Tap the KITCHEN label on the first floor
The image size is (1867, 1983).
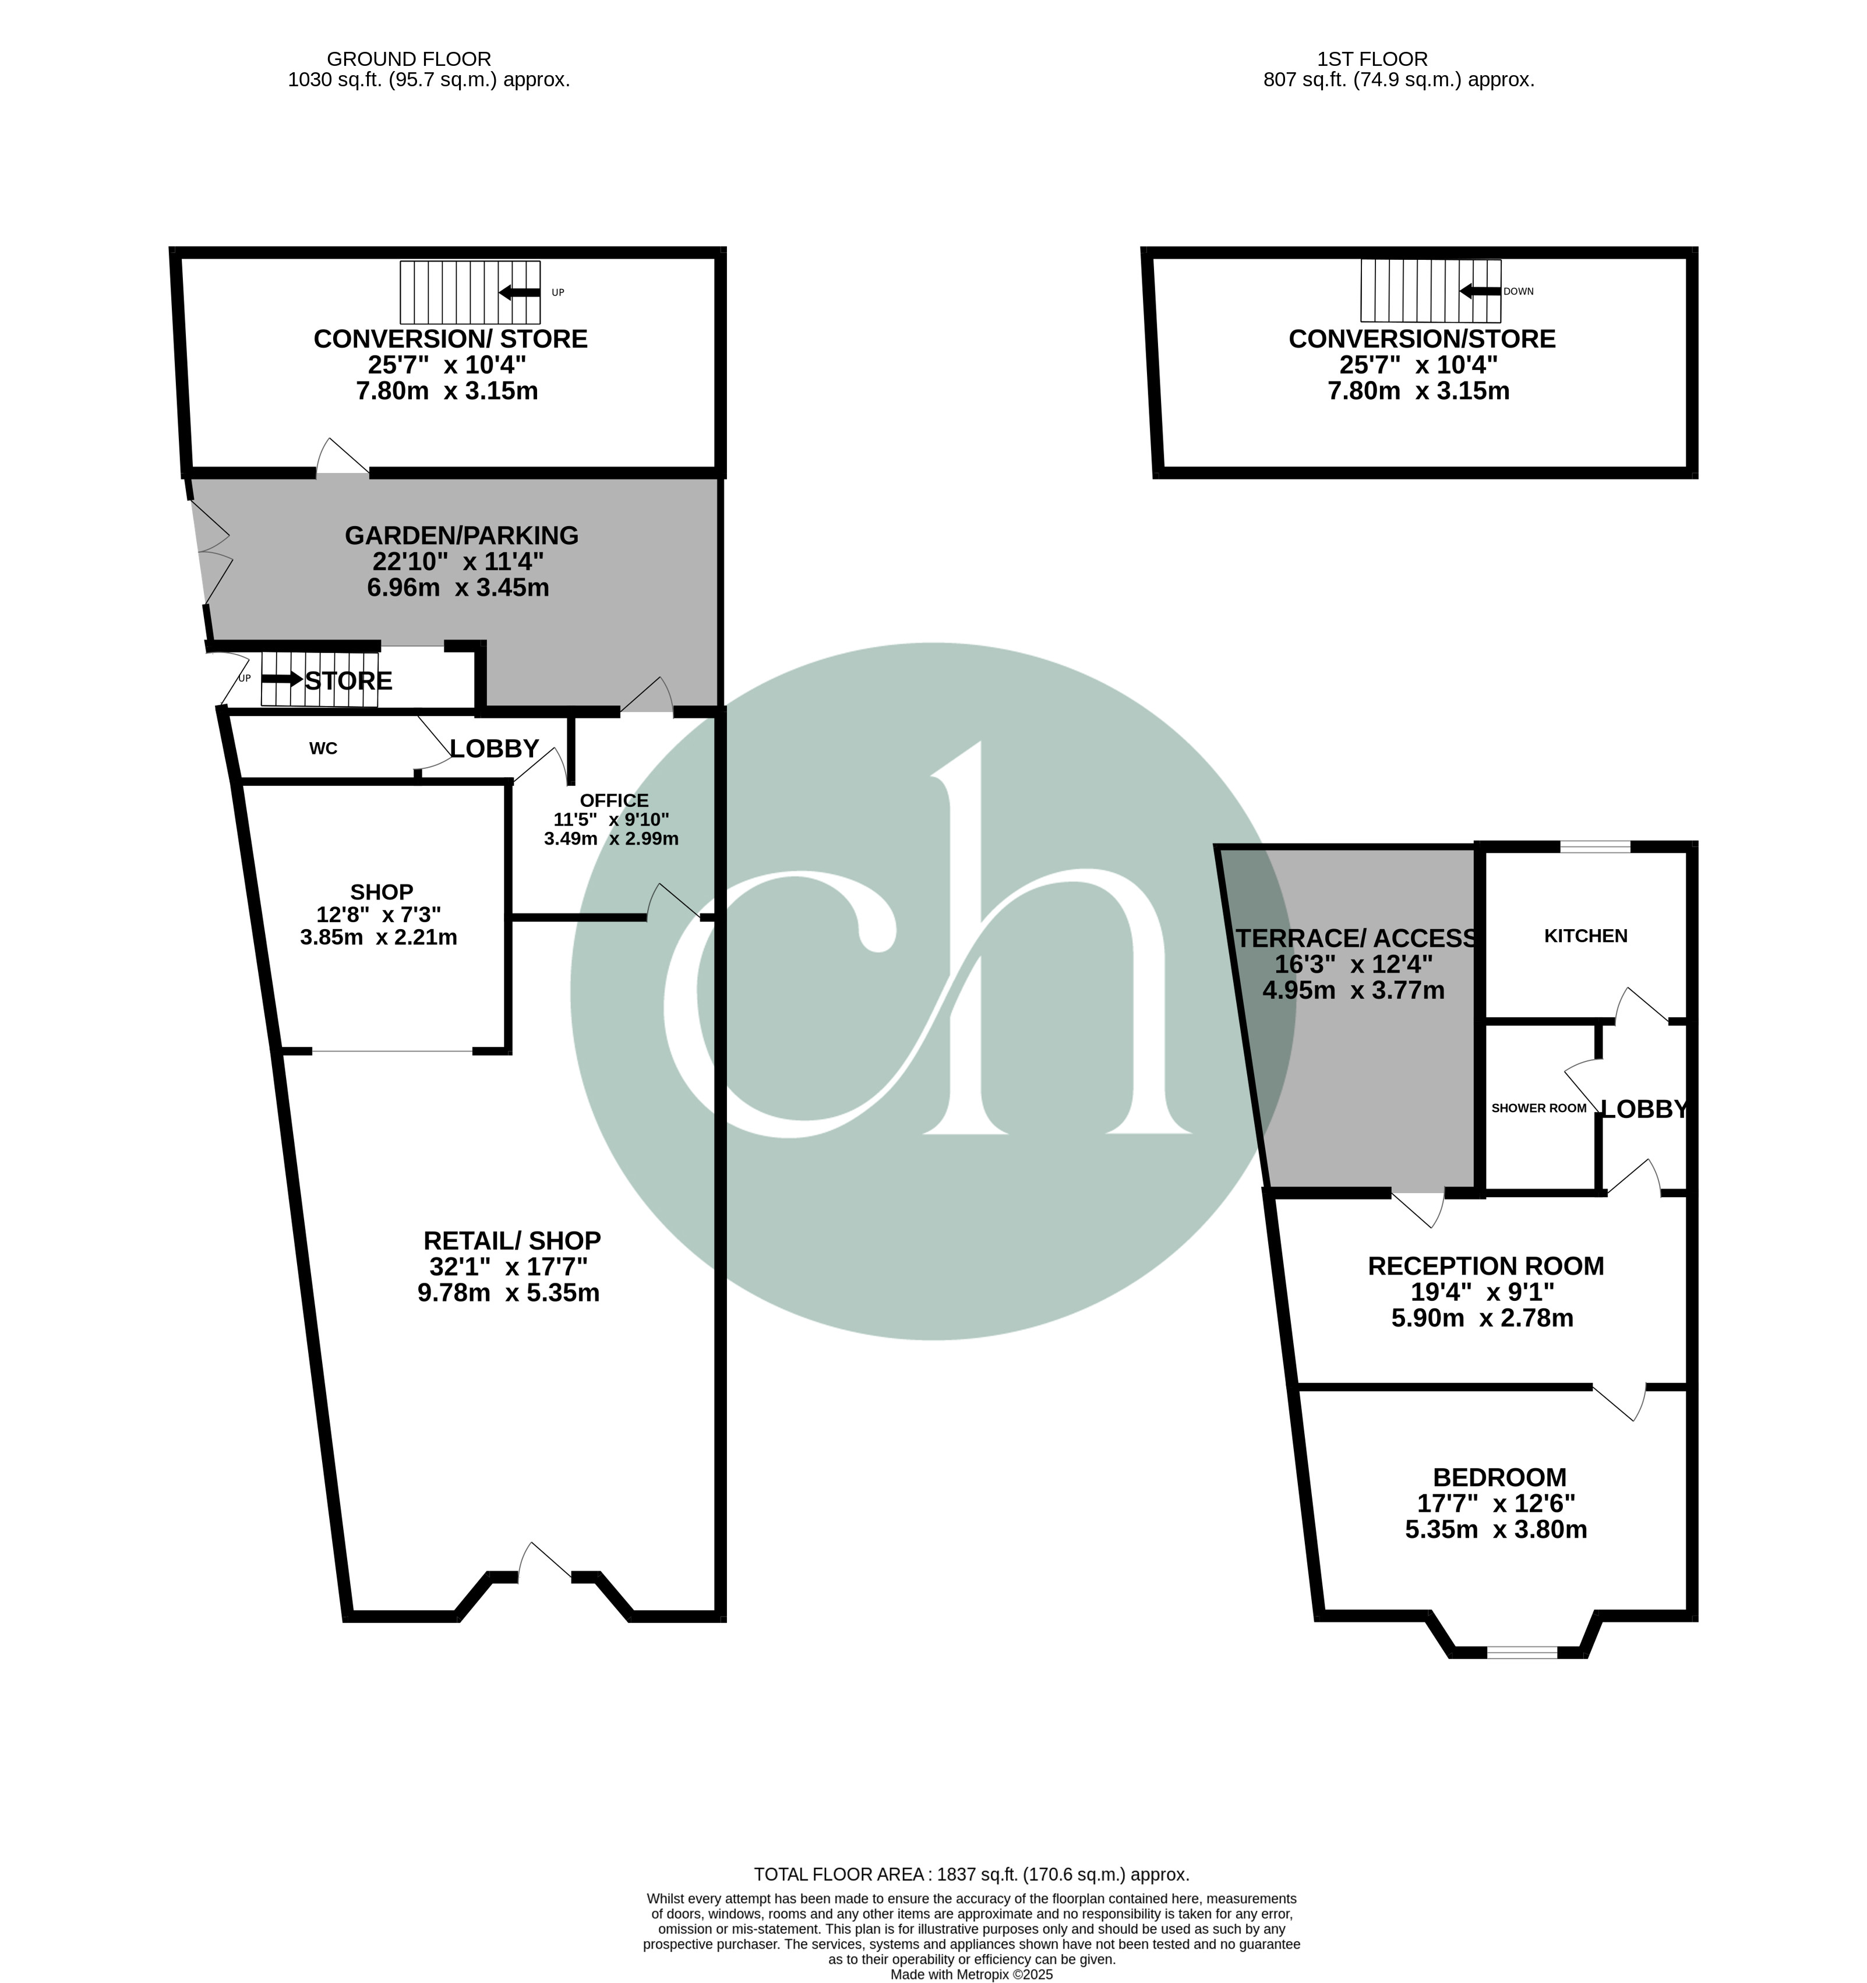point(1586,936)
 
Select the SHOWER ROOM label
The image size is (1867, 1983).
point(1539,1108)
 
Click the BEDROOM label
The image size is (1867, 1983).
point(1499,1477)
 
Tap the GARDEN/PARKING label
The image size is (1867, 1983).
point(462,535)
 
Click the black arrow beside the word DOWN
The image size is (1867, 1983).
point(1480,291)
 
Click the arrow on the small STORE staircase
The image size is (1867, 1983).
point(283,679)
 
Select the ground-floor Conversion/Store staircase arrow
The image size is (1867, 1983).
point(518,292)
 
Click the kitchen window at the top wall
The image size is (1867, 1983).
point(1595,848)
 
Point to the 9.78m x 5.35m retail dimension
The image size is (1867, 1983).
point(509,1294)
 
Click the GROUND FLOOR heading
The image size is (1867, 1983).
point(409,59)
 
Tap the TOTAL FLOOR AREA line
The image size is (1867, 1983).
point(972,1874)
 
